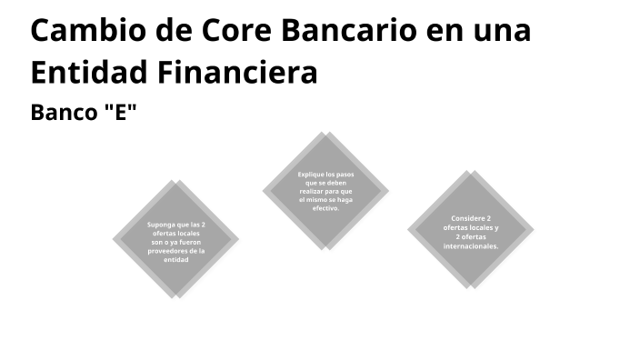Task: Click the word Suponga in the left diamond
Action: pyautogui.click(x=165, y=224)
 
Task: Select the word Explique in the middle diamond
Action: pyautogui.click(x=312, y=174)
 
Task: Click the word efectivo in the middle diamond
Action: pyautogui.click(x=325, y=208)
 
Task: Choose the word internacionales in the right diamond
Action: pyautogui.click(x=471, y=246)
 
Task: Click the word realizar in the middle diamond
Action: pyautogui.click(x=314, y=191)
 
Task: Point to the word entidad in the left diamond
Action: pyautogui.click(x=175, y=260)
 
